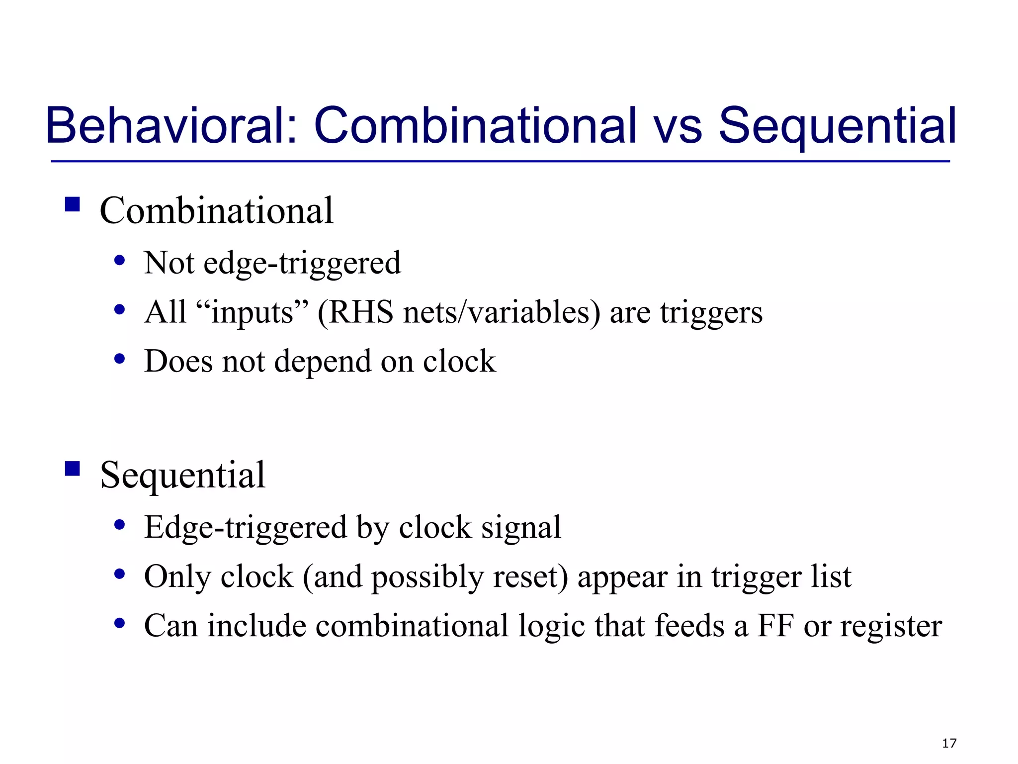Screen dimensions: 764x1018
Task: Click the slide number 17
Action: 949,743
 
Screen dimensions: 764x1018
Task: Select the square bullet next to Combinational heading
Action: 73,204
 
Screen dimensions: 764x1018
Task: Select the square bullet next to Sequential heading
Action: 73,469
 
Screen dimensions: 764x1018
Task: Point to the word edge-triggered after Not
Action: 302,264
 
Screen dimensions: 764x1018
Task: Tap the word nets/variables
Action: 502,313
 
